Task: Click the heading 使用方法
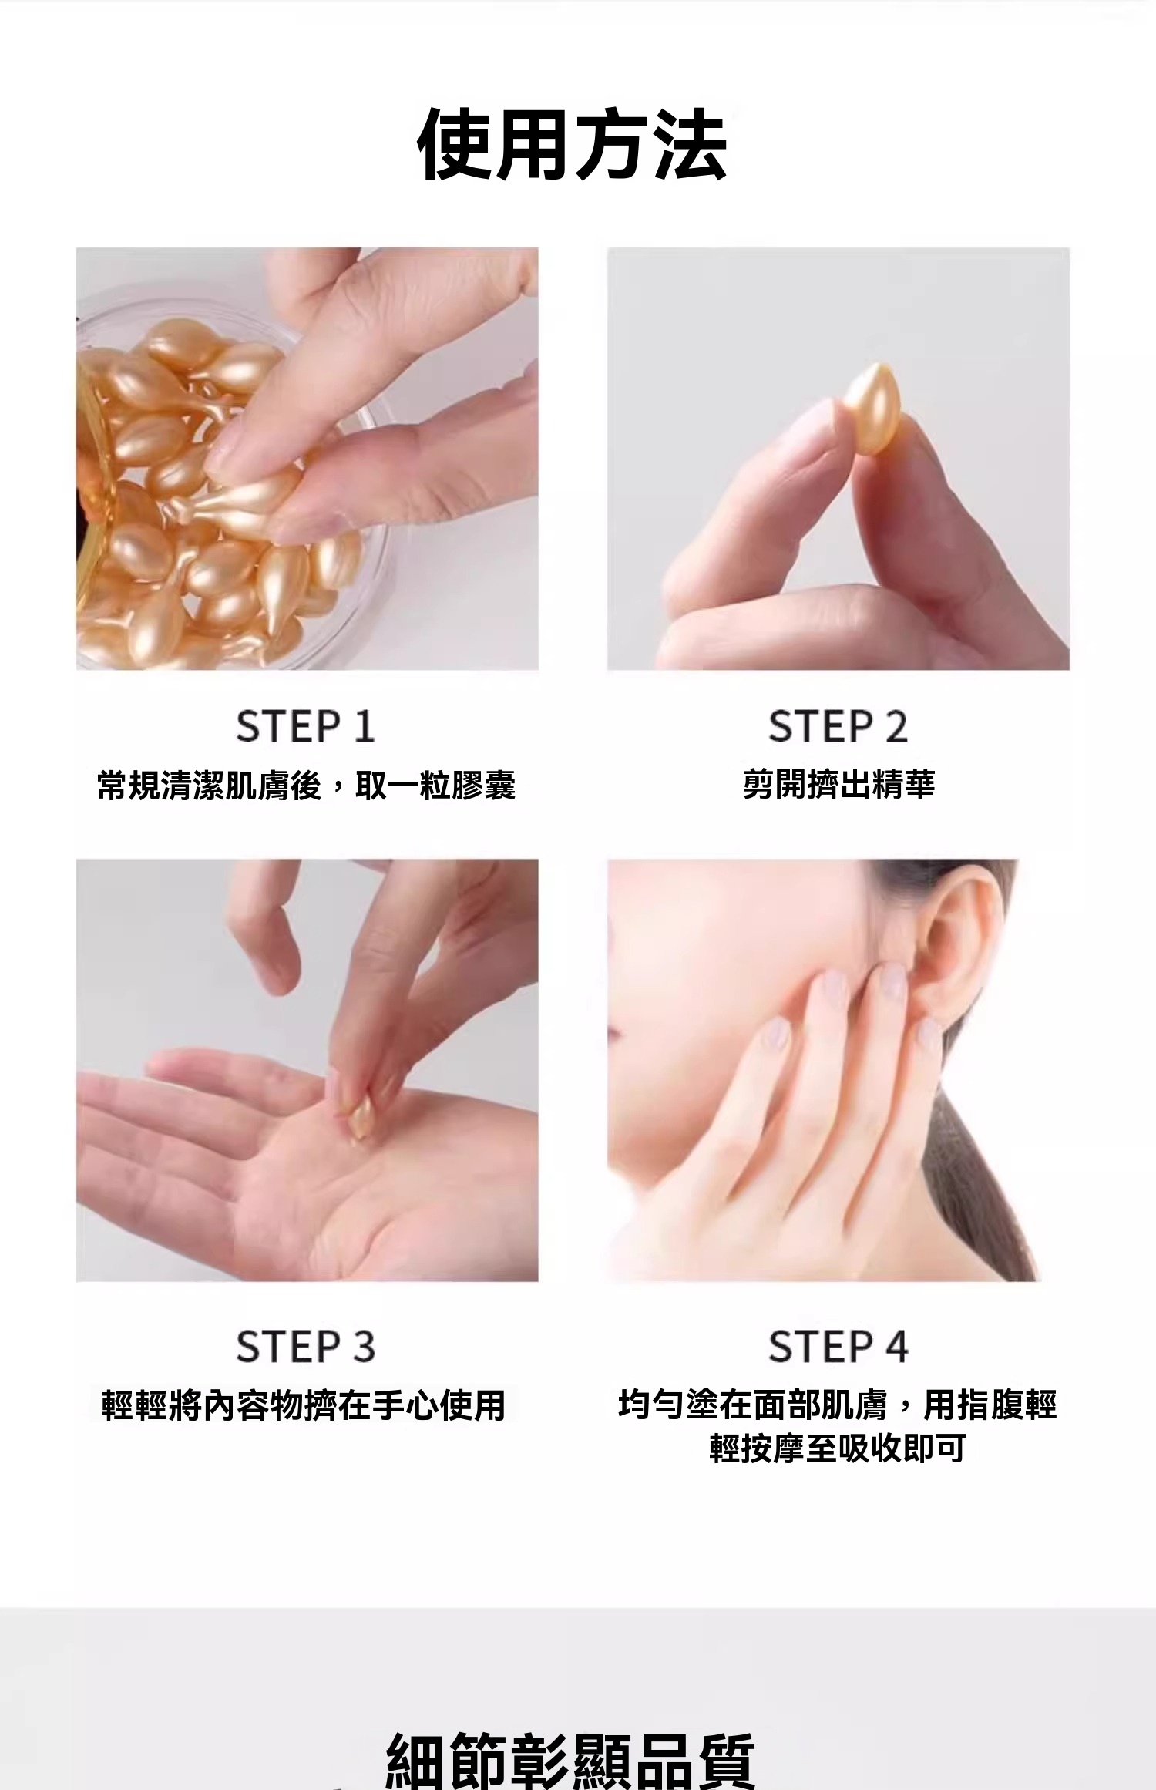click(x=572, y=145)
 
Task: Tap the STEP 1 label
click(x=305, y=726)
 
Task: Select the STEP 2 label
click(x=838, y=726)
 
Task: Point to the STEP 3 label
click(x=305, y=1347)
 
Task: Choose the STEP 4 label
click(x=838, y=1347)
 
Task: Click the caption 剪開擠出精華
click(x=838, y=784)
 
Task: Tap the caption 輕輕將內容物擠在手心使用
click(x=304, y=1405)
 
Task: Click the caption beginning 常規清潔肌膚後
click(x=305, y=786)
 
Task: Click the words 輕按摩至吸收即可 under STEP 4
click(x=838, y=1448)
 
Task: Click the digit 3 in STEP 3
click(x=364, y=1347)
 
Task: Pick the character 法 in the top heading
click(x=689, y=145)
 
